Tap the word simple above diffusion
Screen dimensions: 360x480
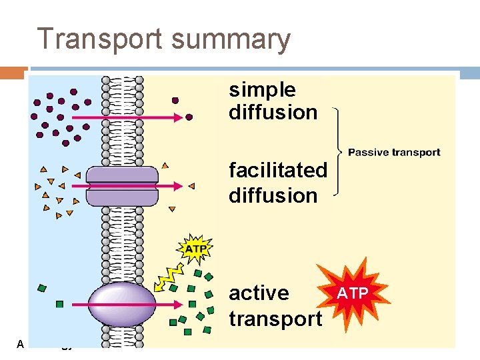(262, 90)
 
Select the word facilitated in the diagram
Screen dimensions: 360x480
(278, 171)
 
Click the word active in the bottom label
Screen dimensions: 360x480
(259, 293)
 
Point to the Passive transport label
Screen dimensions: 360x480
(394, 153)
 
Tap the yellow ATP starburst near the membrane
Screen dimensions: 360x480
(195, 249)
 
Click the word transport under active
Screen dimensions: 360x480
(275, 319)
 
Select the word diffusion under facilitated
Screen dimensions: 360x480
(273, 195)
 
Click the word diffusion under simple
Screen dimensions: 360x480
(273, 112)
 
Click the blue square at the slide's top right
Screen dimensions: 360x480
(469, 73)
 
